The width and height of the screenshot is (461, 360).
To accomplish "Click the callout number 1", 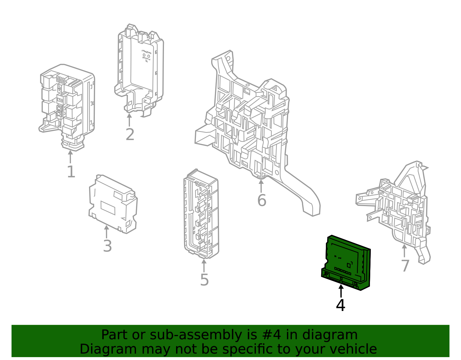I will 71,172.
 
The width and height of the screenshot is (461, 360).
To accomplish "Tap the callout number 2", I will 130,135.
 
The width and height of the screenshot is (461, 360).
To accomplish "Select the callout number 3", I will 107,246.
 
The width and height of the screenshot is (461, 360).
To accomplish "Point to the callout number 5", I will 204,280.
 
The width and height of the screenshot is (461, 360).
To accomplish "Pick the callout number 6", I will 262,200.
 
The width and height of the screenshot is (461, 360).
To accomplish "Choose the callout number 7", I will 405,266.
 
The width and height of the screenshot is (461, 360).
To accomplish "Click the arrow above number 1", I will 70,157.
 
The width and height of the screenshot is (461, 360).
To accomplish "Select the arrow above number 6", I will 261,186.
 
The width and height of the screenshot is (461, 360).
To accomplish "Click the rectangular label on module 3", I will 108,208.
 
